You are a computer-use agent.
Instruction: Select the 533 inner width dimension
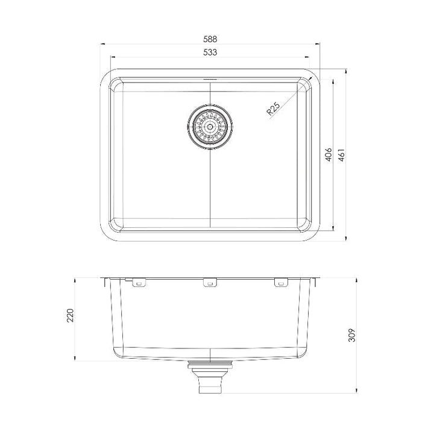pyautogui.click(x=210, y=52)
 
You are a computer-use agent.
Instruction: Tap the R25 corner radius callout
pyautogui.click(x=272, y=109)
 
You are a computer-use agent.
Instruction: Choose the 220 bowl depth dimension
pyautogui.click(x=70, y=315)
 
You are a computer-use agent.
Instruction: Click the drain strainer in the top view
pyautogui.click(x=209, y=127)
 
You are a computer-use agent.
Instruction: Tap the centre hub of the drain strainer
pyautogui.click(x=209, y=127)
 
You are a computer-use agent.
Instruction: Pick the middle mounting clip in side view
pyautogui.click(x=209, y=282)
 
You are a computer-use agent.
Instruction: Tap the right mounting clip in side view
pyautogui.click(x=280, y=282)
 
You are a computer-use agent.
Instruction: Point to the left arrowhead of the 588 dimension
pyautogui.click(x=101, y=43)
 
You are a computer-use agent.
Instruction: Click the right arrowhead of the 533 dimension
pyautogui.click(x=308, y=58)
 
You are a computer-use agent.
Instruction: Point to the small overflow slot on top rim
pyautogui.click(x=209, y=78)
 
